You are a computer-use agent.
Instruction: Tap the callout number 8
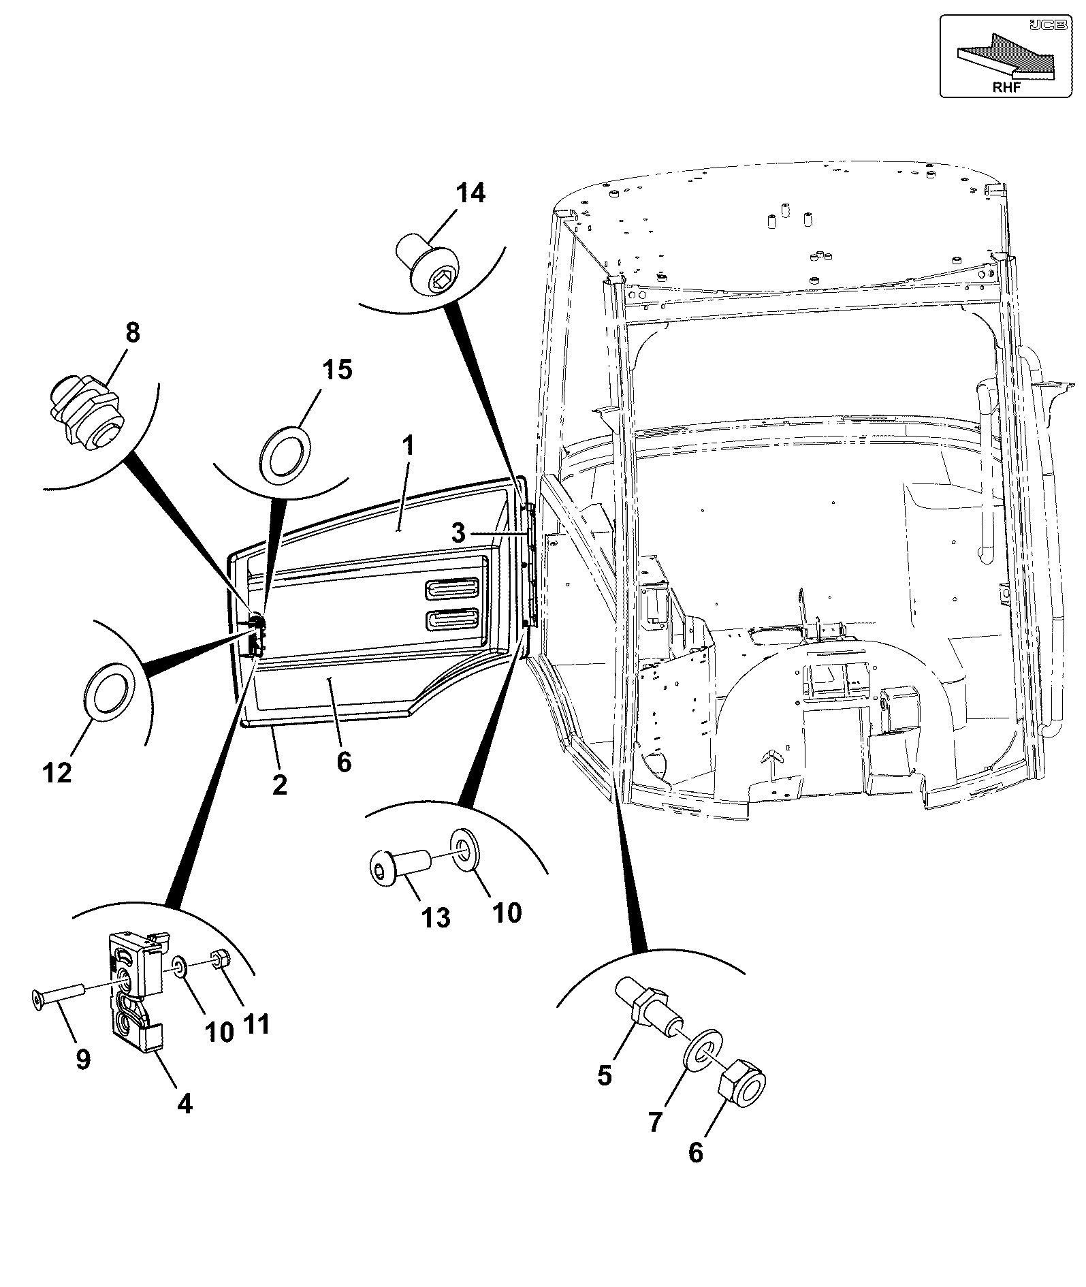tap(132, 333)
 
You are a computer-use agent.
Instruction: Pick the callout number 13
tap(436, 918)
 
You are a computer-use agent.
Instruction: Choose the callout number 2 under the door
tap(279, 785)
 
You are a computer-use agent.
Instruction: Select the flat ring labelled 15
tap(287, 455)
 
